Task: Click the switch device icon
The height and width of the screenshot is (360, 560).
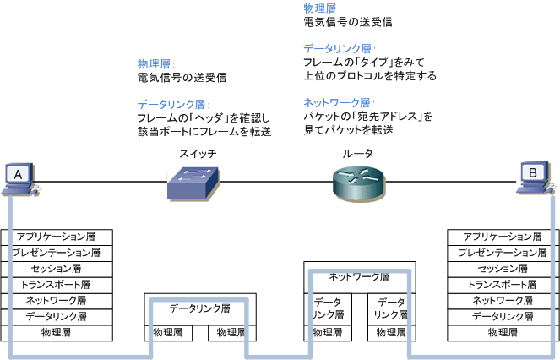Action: (x=193, y=181)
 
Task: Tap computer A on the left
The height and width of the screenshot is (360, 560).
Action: (x=19, y=177)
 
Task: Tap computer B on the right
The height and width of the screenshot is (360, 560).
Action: (x=535, y=177)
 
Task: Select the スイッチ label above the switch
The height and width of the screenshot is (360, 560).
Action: (x=198, y=154)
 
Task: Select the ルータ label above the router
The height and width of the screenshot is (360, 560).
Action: (x=357, y=154)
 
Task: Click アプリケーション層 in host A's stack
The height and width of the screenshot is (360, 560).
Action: (x=57, y=237)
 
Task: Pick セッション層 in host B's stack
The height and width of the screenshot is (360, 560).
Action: (x=503, y=269)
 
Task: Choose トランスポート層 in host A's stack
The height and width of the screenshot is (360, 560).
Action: (x=57, y=285)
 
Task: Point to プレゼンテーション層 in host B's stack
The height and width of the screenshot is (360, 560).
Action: (x=503, y=253)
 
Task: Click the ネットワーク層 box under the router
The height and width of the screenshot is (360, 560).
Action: (x=358, y=276)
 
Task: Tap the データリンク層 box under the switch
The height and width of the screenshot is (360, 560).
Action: (x=199, y=309)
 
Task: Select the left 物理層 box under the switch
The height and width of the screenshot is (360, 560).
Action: (x=168, y=334)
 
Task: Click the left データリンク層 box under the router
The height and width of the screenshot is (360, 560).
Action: (x=327, y=308)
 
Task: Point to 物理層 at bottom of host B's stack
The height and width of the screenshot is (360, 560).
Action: (x=503, y=333)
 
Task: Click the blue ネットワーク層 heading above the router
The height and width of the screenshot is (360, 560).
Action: (x=338, y=102)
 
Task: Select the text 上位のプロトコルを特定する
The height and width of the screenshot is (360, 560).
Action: (x=370, y=75)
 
